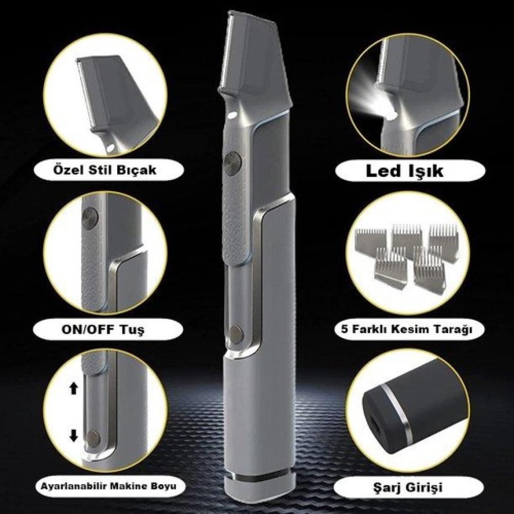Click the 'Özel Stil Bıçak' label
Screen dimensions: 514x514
(x=104, y=170)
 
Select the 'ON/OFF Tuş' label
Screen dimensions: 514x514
(x=103, y=329)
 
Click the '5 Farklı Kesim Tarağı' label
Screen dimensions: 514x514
(x=407, y=328)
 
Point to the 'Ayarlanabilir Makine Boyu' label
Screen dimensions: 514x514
(x=109, y=486)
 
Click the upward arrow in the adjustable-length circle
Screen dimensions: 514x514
(x=74, y=389)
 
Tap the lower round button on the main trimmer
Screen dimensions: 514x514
(x=237, y=334)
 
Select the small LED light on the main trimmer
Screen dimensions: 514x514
(x=234, y=115)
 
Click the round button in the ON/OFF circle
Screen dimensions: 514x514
(x=89, y=218)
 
